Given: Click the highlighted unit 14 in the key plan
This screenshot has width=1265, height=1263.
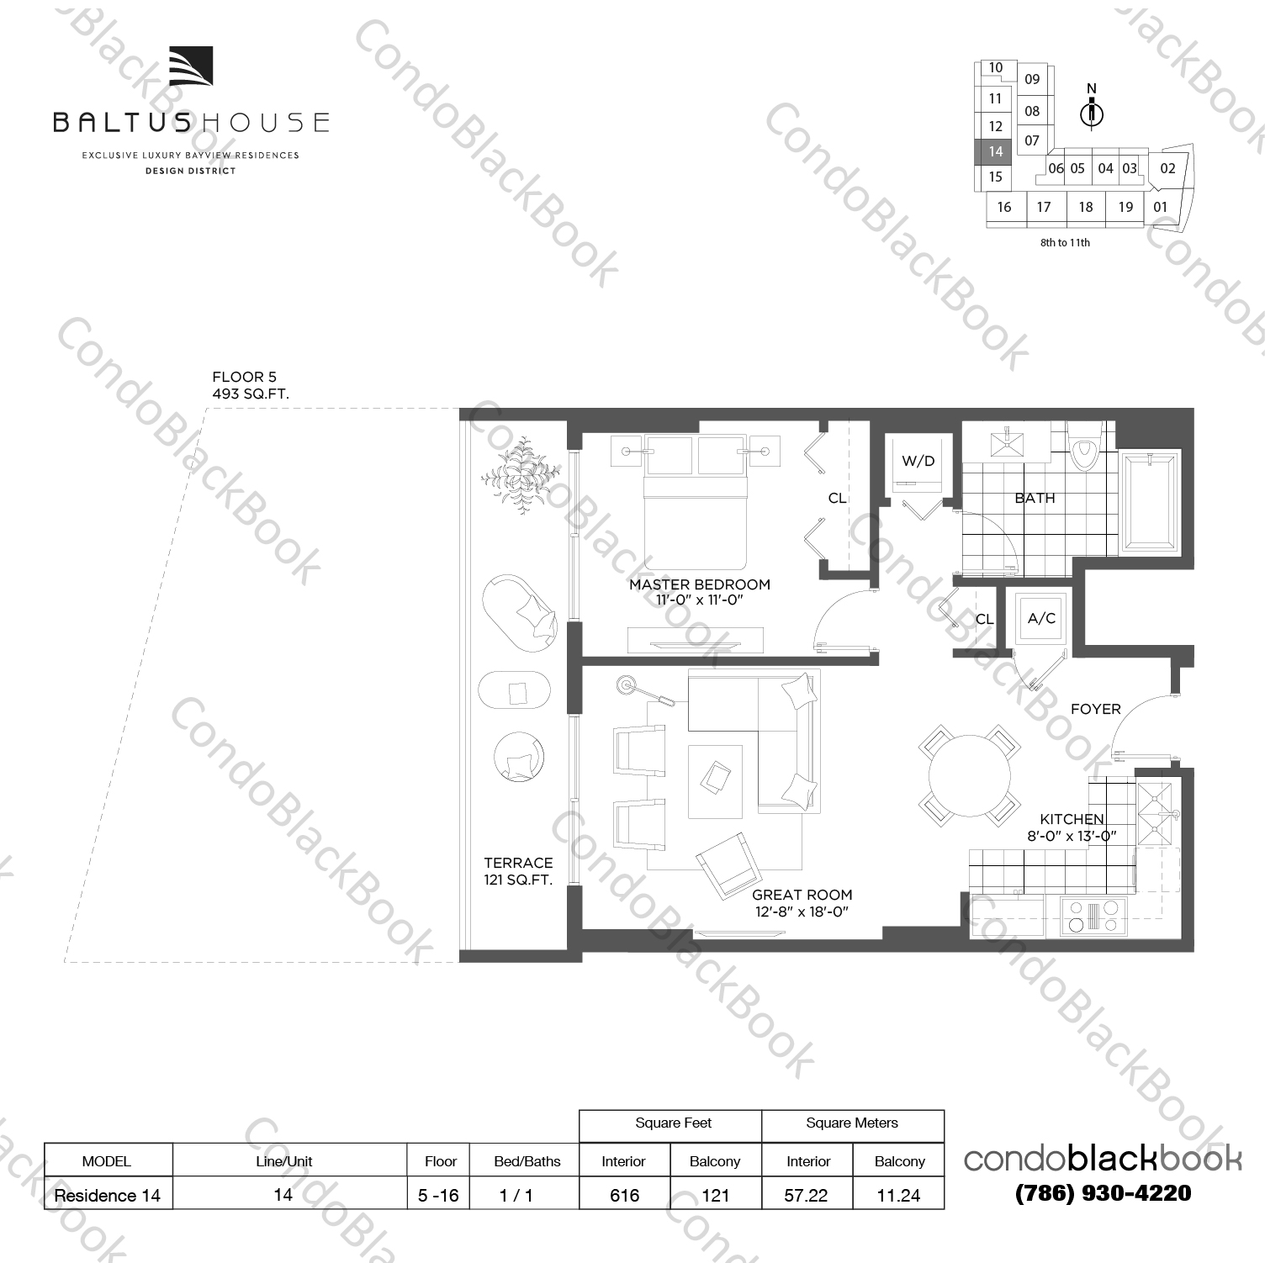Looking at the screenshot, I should [x=995, y=151].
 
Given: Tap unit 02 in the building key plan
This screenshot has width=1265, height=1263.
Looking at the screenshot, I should [x=1167, y=168].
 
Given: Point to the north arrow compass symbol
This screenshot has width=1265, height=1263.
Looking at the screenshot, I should [x=1092, y=111].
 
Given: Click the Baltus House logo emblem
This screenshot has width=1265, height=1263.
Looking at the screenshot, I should [x=191, y=66].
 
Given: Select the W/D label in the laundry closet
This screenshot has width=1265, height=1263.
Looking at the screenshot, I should [x=918, y=461].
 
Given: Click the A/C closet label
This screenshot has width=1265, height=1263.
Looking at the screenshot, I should [x=1041, y=618].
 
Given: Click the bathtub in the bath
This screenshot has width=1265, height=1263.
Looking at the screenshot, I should [x=1149, y=502].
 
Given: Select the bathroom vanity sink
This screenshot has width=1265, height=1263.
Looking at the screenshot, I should [x=1006, y=441].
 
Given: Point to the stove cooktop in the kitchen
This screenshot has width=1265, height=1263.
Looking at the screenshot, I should [x=1093, y=916].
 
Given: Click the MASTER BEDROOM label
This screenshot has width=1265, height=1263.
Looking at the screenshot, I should [x=699, y=584].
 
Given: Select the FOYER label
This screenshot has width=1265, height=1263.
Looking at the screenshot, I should [x=1095, y=709].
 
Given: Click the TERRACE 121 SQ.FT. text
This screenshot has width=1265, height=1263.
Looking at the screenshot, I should [x=518, y=871].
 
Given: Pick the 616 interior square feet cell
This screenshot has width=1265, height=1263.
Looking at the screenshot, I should [x=624, y=1195].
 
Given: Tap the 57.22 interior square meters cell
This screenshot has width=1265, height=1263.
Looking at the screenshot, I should [x=806, y=1195].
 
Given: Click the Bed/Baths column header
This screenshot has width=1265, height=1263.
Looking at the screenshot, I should [x=527, y=1161].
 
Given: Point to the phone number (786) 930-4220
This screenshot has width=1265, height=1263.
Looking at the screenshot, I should [x=1103, y=1192].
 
